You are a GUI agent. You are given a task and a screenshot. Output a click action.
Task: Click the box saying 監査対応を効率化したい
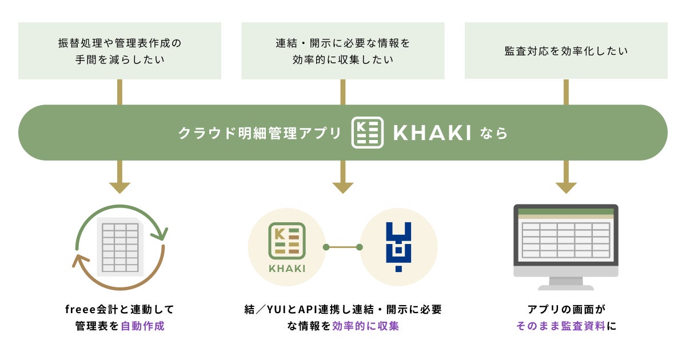tap(566, 51)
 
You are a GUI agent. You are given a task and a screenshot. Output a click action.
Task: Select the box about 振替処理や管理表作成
tap(119, 51)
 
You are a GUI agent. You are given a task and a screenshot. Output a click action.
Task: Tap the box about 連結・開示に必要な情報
tap(342, 51)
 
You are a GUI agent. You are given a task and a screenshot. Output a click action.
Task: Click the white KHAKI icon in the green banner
tap(367, 133)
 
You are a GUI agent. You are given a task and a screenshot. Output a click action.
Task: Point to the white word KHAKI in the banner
tap(432, 133)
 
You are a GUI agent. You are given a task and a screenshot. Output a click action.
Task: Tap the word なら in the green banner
tap(494, 133)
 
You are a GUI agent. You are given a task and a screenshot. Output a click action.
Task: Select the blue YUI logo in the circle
tap(398, 246)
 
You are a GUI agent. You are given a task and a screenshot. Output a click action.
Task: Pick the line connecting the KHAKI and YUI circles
tap(342, 247)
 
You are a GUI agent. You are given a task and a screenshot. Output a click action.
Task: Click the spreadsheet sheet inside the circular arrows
tap(119, 247)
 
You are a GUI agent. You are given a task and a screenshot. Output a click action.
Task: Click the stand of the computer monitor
tap(565, 283)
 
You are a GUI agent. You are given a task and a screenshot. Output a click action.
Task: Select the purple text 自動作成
tap(142, 327)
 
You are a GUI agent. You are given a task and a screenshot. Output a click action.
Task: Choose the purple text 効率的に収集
tap(365, 327)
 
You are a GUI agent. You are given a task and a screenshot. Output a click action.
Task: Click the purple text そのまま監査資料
tap(560, 327)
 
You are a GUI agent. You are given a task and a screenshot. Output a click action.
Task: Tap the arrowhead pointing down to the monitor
tap(566, 188)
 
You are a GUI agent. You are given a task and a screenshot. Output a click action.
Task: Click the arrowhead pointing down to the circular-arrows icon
tap(119, 188)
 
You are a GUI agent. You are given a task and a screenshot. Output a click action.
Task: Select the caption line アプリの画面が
tap(565, 310)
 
